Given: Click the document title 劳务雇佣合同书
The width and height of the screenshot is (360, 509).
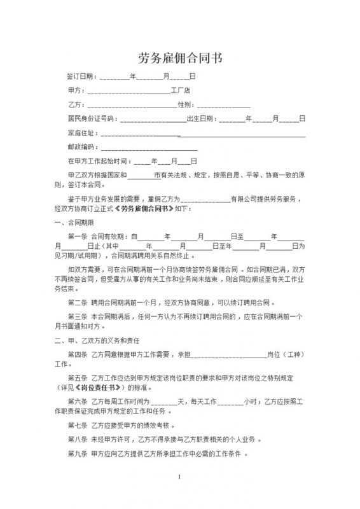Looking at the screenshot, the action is (x=180, y=59).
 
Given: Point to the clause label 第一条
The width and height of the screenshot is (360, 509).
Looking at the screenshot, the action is (x=77, y=236).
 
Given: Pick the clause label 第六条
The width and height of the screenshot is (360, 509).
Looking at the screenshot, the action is (x=77, y=401).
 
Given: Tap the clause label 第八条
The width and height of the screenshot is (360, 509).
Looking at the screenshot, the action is (x=77, y=440).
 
